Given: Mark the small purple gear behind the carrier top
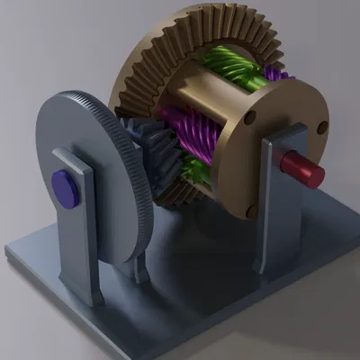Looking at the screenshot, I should [x=274, y=72].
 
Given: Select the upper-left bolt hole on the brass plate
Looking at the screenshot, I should [x=251, y=117].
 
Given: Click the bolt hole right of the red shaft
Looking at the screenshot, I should [x=319, y=128].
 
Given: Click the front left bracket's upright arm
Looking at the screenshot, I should [x=76, y=225].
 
